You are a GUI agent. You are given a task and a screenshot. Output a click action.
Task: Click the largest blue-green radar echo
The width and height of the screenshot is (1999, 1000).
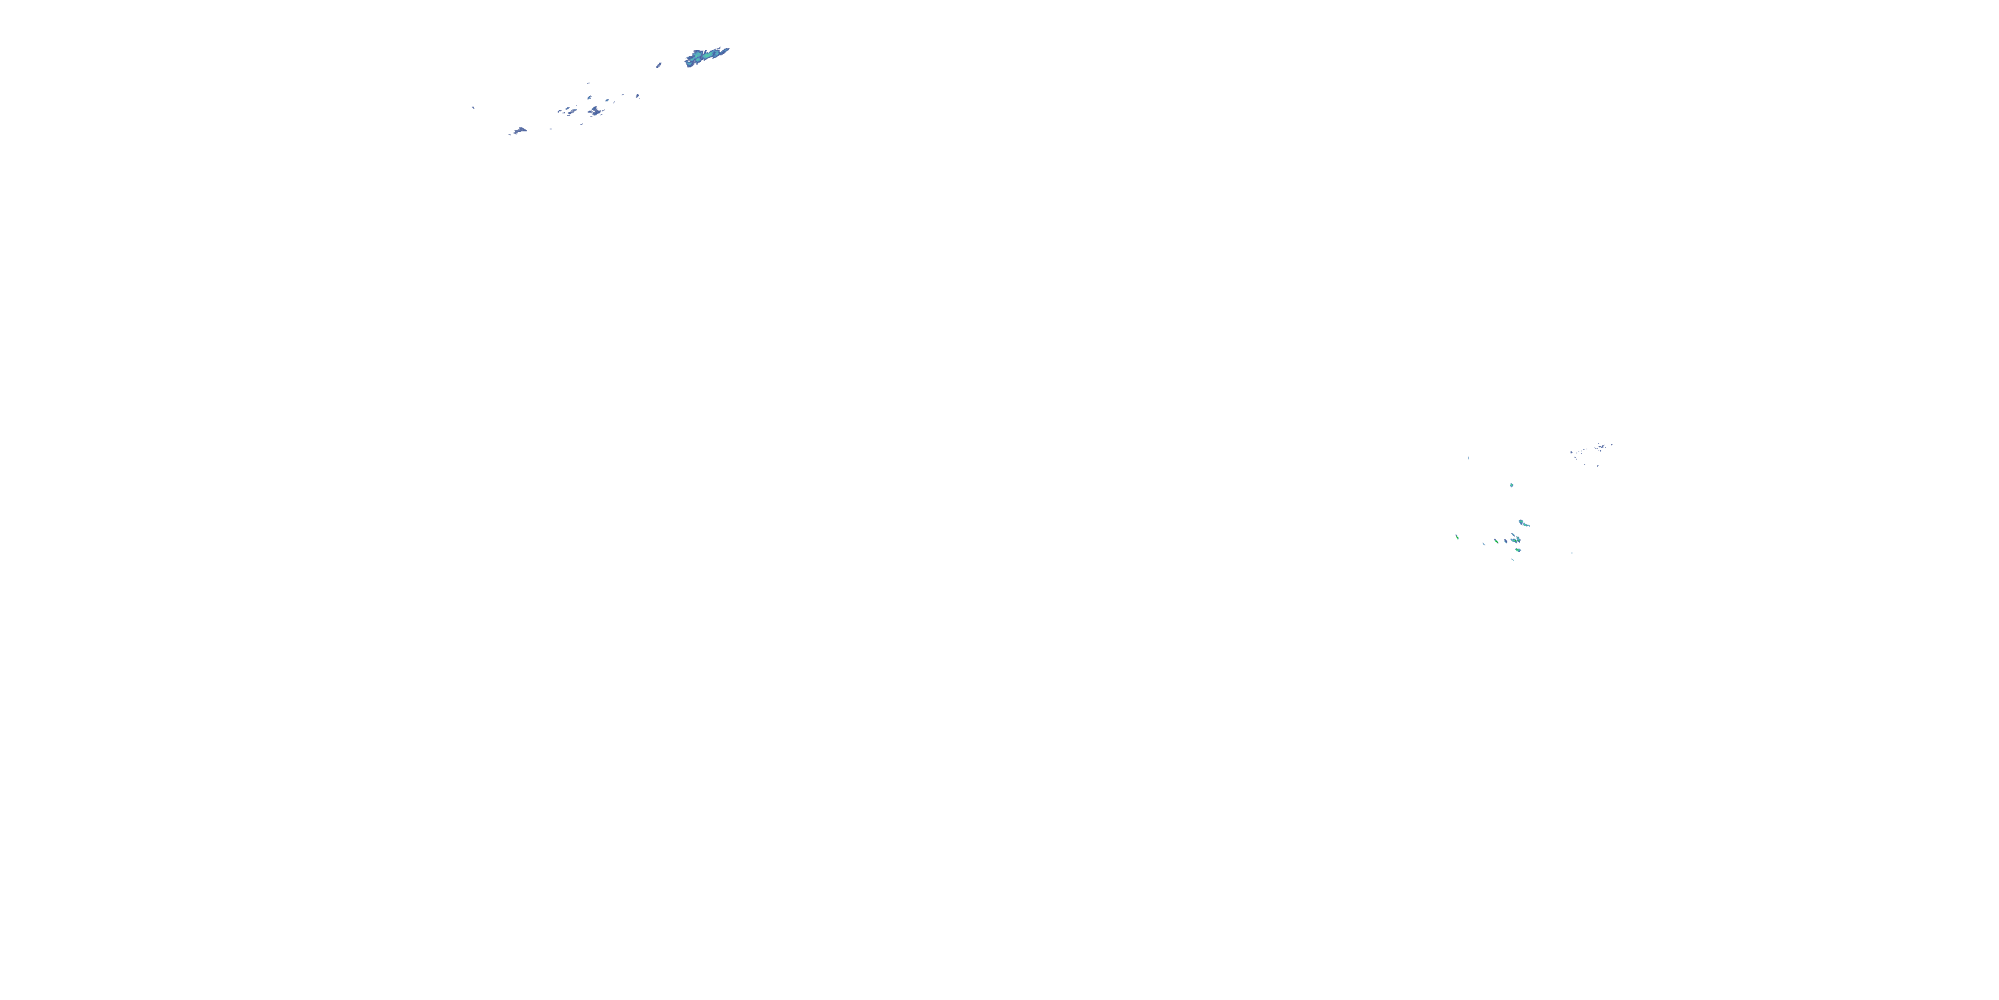coord(704,57)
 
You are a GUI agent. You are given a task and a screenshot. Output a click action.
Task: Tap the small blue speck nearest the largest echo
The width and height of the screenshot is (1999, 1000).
coord(659,65)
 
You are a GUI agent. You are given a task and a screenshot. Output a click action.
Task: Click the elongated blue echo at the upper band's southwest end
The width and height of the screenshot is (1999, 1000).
coord(519,131)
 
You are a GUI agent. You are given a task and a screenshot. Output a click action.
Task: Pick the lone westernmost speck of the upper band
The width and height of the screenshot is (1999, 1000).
coord(473,107)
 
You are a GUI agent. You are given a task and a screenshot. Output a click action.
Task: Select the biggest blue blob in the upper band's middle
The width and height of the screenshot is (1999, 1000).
coord(595,112)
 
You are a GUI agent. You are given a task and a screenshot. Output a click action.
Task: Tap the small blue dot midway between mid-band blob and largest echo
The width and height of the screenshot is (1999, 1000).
coord(638,95)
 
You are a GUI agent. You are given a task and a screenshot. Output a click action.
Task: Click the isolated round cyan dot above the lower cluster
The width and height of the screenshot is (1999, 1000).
coord(1511,485)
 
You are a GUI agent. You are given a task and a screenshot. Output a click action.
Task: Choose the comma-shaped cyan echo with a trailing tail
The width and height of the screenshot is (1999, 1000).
coord(1523,523)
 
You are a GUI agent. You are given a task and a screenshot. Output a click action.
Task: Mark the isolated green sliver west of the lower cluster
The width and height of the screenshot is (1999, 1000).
coord(1457,537)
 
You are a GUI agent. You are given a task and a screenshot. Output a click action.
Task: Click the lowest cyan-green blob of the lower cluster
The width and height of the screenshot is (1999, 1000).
coord(1517,551)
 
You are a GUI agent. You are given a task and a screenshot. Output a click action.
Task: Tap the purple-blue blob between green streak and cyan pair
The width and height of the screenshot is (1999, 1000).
coord(1505,541)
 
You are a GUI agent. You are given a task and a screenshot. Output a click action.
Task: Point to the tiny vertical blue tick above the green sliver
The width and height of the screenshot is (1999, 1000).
coord(1468,458)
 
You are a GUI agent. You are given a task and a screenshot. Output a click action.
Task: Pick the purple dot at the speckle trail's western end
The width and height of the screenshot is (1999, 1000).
coord(1571,453)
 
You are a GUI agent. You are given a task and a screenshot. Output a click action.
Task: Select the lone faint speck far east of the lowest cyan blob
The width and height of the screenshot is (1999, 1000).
coord(1572,553)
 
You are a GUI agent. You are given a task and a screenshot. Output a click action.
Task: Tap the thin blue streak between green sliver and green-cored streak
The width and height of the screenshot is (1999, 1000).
coord(1484,543)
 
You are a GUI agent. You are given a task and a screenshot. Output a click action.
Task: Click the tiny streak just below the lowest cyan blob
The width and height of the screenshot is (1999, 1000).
coord(1513,559)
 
